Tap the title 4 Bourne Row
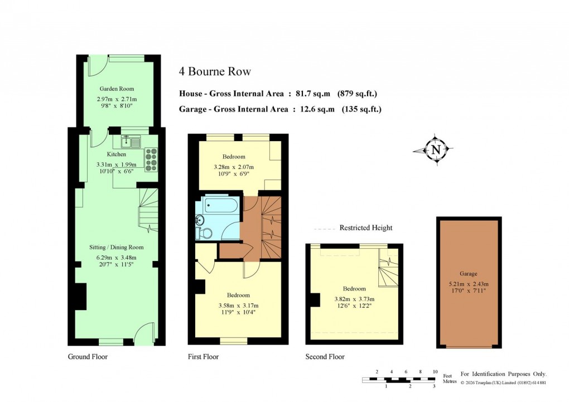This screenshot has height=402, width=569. (x=215, y=71)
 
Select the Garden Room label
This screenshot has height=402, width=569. (x=117, y=89)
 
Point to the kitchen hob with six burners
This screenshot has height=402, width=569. (x=151, y=159)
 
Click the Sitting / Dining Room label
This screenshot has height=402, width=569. (x=117, y=247)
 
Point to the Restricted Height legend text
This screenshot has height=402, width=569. (x=365, y=228)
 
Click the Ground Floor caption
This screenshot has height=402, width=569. (x=88, y=356)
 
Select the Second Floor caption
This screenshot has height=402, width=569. (x=325, y=356)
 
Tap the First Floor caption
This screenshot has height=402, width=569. (x=204, y=356)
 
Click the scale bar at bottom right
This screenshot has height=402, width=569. (x=398, y=380)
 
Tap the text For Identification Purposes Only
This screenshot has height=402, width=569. (x=503, y=374)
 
